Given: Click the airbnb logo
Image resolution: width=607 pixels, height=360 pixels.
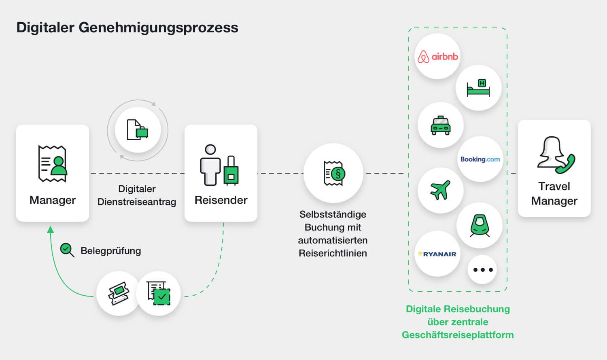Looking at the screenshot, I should [x=437, y=57].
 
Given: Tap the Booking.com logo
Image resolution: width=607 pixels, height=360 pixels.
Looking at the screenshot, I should [x=480, y=159].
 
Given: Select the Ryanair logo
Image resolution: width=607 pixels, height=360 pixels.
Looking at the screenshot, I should [x=437, y=254].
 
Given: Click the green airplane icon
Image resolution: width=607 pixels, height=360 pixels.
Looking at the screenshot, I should [x=440, y=190].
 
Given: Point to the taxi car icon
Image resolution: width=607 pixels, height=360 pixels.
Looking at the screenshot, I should [x=440, y=125].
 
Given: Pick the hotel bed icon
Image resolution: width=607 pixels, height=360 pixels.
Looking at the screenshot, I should [x=478, y=88].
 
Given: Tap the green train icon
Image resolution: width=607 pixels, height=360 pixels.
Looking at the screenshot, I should [x=480, y=225].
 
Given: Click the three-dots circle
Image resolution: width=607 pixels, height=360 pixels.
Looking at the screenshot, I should [x=483, y=270].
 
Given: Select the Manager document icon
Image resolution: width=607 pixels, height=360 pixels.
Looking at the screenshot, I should [x=53, y=164].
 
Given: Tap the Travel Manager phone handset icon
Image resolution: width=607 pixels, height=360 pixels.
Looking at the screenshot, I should [x=565, y=163].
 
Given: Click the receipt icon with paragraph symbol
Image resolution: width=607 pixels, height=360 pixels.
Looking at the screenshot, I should [x=333, y=173].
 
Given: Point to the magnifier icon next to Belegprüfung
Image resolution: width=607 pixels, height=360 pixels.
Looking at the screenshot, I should [x=67, y=250].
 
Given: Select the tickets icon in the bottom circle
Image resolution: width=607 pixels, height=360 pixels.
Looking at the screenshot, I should [x=118, y=293].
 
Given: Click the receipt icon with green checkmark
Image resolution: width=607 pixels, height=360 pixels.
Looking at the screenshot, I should [x=158, y=293].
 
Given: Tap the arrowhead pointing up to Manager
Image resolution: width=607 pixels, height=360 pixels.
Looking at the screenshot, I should [x=51, y=230].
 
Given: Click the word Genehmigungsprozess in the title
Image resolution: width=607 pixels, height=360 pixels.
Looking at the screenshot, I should [x=158, y=28].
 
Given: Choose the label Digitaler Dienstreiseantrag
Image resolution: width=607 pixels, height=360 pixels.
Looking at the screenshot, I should [x=137, y=195].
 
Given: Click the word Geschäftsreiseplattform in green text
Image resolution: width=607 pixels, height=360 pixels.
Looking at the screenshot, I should [x=458, y=335].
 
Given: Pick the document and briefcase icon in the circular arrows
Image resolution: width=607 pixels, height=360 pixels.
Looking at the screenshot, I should [x=138, y=130].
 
